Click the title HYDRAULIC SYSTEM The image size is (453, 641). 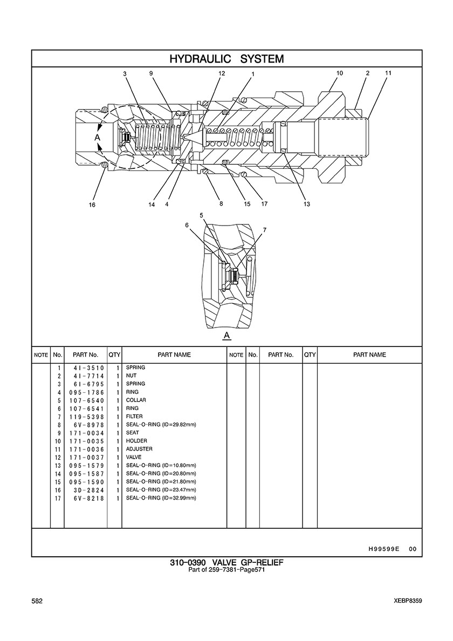point(226,59)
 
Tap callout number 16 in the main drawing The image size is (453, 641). point(92,205)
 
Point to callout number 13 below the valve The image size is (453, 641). point(307,204)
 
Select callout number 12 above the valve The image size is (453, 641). point(222,73)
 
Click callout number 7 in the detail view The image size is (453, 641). point(265,230)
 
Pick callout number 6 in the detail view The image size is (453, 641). point(187,225)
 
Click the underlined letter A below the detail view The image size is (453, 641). point(227,336)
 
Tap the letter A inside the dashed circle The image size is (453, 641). point(98,138)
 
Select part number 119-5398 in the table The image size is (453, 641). point(87,417)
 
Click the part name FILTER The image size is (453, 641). point(134,416)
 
